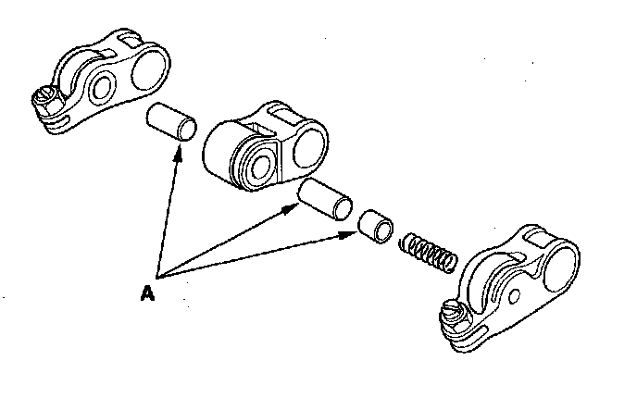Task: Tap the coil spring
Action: pos(428,253)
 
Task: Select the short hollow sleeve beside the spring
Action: pos(376,226)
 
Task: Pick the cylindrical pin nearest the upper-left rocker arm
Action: pos(173,121)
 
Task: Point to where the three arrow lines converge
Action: pos(160,276)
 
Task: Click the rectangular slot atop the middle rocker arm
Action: pos(265,118)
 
